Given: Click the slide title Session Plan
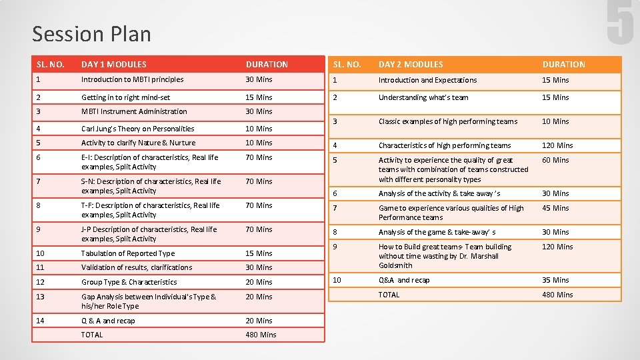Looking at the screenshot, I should coord(91,34).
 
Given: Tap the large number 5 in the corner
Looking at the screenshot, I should coord(619,23).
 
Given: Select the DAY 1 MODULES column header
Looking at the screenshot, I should coord(113,65).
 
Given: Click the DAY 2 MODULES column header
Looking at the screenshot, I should coord(411,65).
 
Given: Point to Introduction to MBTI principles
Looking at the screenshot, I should coord(132,79).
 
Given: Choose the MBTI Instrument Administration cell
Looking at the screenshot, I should coord(134,111).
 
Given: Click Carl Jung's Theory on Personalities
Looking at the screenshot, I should coord(137,129).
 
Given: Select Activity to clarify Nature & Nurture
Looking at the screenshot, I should coord(138,143).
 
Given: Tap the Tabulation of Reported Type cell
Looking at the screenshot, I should coord(128,253).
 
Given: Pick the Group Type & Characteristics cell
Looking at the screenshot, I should coord(129,282).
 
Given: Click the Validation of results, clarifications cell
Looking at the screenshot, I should coord(137,267).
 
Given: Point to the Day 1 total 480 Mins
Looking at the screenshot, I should coord(261,335).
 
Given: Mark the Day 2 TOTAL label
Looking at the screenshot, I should coord(389,295).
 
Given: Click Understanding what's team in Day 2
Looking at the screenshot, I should coord(423,97).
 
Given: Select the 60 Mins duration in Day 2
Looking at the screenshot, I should coord(555,160).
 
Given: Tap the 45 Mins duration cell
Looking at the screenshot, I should coord(555,208).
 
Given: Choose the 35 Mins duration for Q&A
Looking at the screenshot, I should coord(555,280).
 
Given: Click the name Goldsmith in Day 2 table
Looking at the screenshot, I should coord(396,265).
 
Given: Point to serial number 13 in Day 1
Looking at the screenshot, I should coord(41,297).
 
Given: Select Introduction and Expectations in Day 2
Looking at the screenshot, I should coord(427,80).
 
